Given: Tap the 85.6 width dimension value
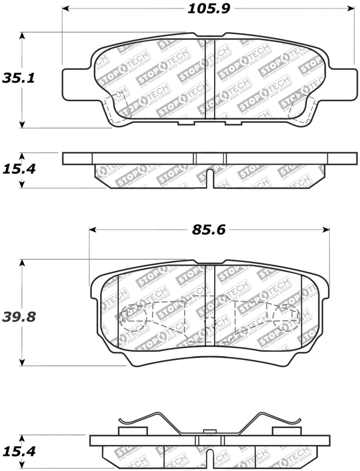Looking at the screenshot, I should (x=208, y=230).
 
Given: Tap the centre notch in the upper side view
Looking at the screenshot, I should (x=210, y=178).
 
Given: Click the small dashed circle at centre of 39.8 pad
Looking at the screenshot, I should (x=210, y=322).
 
